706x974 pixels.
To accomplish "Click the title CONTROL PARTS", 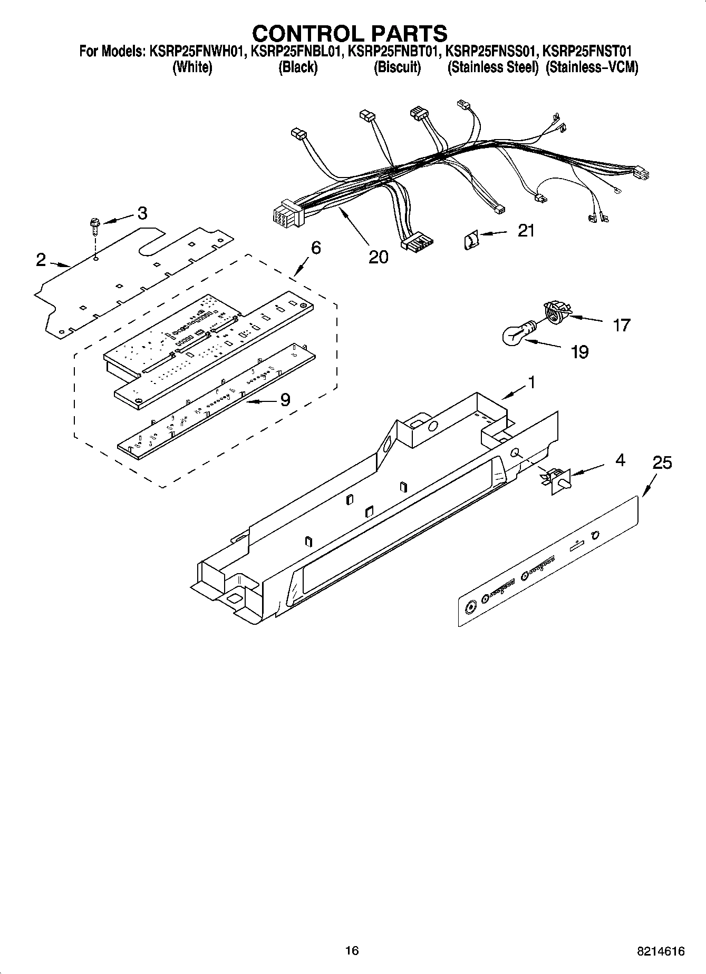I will pyautogui.click(x=350, y=33).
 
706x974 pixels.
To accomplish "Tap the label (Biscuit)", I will pyautogui.click(x=397, y=68).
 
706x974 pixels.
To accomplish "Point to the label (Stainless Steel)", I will pyautogui.click(x=492, y=68).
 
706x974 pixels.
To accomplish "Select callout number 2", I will pyautogui.click(x=41, y=260).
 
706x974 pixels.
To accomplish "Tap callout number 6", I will pyautogui.click(x=315, y=248).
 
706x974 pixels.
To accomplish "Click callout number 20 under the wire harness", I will pyautogui.click(x=378, y=257).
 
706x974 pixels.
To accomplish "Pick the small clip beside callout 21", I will pyautogui.click(x=470, y=240).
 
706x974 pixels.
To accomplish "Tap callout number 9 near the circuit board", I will pyautogui.click(x=285, y=400).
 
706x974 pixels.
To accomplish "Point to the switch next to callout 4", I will pyautogui.click(x=557, y=480).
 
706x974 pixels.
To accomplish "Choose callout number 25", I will pyautogui.click(x=662, y=463).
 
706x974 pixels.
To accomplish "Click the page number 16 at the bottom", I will pyautogui.click(x=352, y=951).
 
